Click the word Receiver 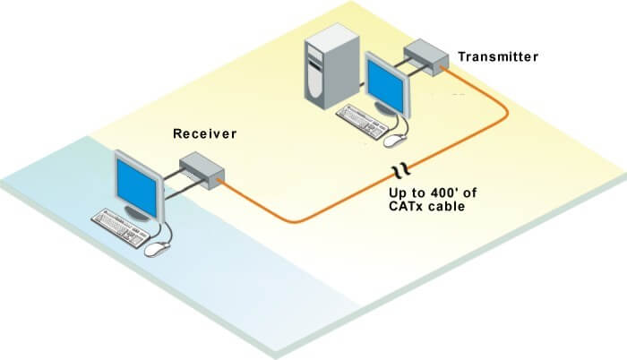pos(204,134)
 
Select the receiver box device pos(202,168)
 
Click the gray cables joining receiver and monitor pos(170,178)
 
